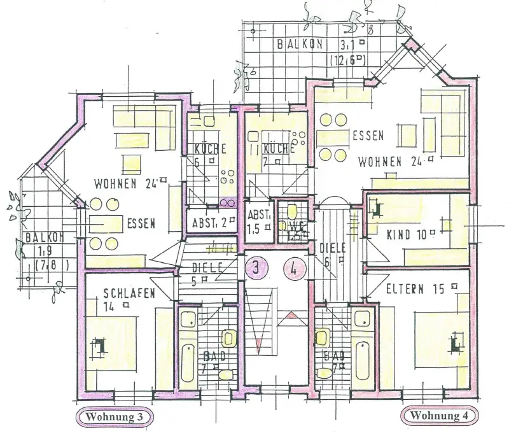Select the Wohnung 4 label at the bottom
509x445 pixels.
[x=438, y=416]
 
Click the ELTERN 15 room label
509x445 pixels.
[x=414, y=289]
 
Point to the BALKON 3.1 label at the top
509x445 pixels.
[x=319, y=45]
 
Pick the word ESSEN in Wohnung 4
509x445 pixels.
[x=368, y=136]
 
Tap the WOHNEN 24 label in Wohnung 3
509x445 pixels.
[x=127, y=185]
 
